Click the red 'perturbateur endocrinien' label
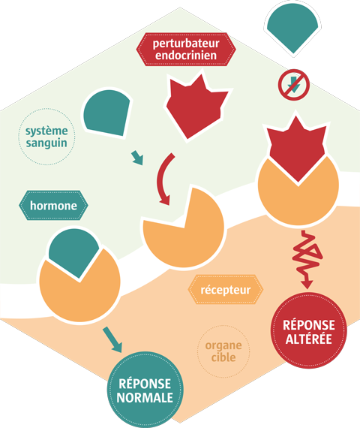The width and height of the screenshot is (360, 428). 186,50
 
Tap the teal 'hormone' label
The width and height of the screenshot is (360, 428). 54,206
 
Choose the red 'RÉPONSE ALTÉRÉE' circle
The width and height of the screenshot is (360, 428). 308,332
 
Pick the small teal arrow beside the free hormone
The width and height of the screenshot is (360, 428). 137,157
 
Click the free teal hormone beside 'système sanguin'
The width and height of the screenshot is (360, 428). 107,111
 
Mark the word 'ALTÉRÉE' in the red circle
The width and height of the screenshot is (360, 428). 308,340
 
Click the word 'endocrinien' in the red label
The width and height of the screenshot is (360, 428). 186,56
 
